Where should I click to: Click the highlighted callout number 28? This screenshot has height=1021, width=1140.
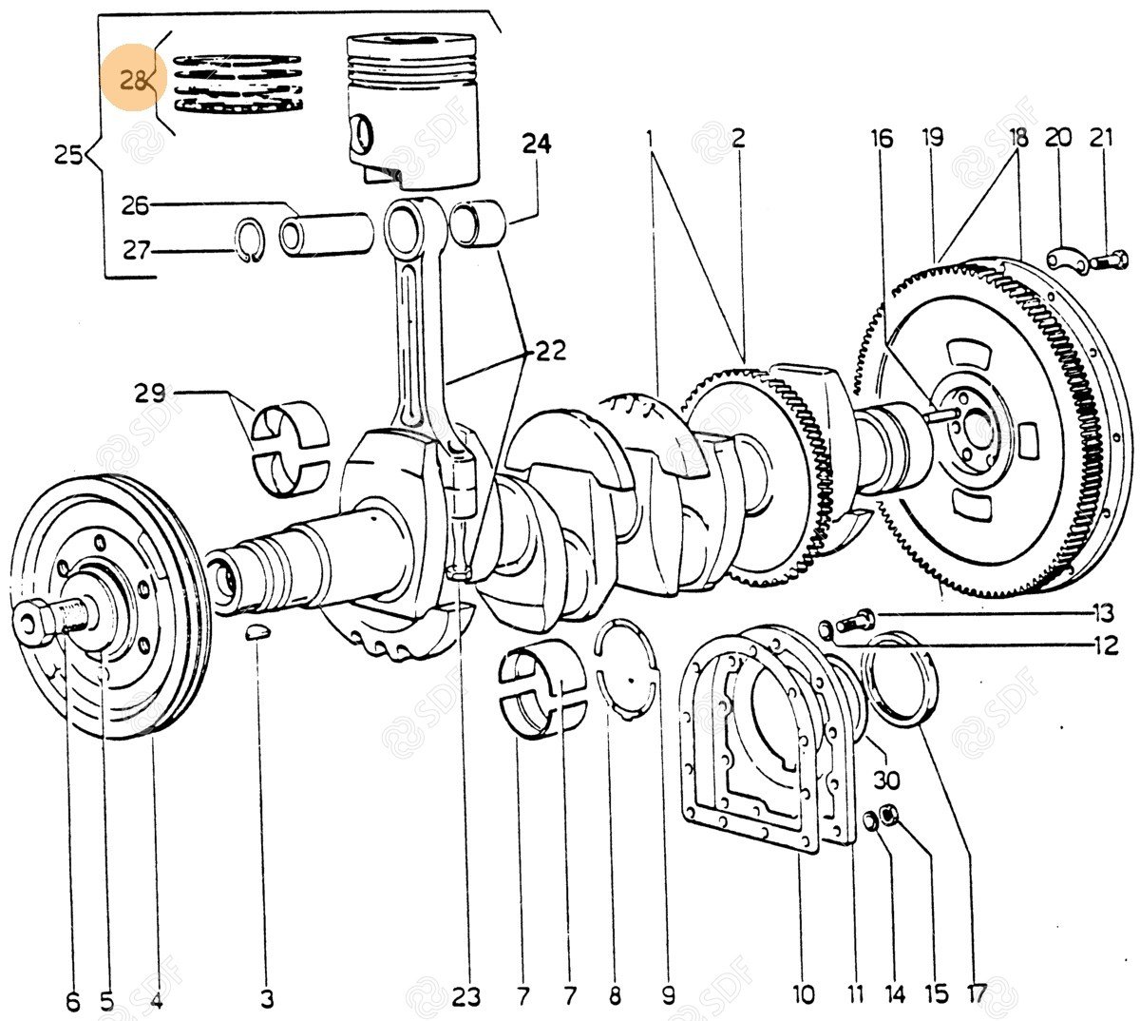(133, 82)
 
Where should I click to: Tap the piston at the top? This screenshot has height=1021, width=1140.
(412, 110)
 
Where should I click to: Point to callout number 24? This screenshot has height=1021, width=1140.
(536, 144)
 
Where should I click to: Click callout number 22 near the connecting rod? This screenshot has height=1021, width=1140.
(550, 352)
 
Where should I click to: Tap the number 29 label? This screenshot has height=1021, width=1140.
(150, 393)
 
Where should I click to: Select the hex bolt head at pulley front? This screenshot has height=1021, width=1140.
(35, 623)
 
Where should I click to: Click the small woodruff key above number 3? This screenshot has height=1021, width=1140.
(257, 632)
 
